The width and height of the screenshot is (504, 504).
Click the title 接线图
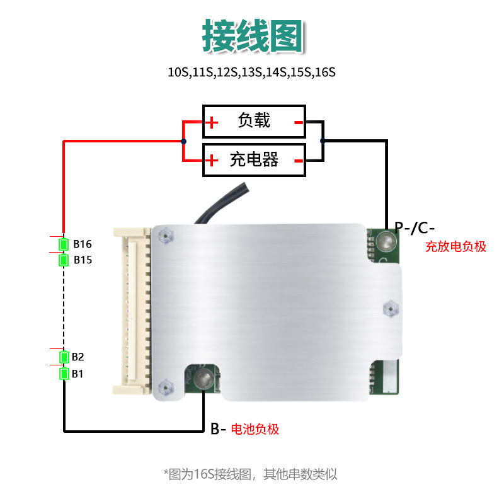pyautogui.click(x=252, y=37)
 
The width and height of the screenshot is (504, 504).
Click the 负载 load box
pyautogui.click(x=254, y=121)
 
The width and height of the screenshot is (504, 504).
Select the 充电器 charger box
pyautogui.click(x=254, y=160)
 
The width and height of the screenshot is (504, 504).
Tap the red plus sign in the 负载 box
pyautogui.click(x=212, y=122)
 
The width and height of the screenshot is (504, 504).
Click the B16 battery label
pyautogui.click(x=83, y=244)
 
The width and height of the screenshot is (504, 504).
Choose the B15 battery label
pyautogui.click(x=83, y=260)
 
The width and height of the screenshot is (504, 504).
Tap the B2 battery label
pyautogui.click(x=77, y=357)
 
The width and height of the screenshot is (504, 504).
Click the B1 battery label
pyautogui.click(x=77, y=374)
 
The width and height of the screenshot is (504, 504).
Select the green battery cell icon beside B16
pyautogui.click(x=64, y=244)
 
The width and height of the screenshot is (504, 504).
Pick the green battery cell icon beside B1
pyautogui.click(x=64, y=374)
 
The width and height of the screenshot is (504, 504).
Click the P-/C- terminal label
pyautogui.click(x=415, y=227)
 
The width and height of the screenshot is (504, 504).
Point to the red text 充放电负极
pyautogui.click(x=455, y=247)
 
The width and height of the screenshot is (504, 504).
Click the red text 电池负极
pyautogui.click(x=255, y=430)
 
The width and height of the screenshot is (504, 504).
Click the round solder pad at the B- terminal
pyautogui.click(x=203, y=379)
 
